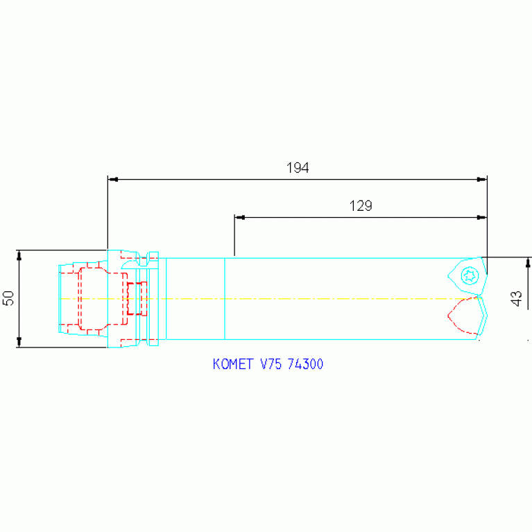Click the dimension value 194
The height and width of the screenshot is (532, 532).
[298, 168]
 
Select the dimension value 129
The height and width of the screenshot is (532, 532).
[361, 205]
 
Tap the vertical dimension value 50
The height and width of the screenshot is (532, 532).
[8, 298]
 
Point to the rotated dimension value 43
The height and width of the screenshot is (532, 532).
[516, 298]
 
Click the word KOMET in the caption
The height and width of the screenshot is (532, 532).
[233, 364]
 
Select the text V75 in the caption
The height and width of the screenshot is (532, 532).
[271, 364]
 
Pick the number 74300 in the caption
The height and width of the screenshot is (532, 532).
[305, 364]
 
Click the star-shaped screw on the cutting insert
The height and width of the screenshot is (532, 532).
[470, 275]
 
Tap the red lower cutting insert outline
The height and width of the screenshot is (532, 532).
[463, 316]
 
